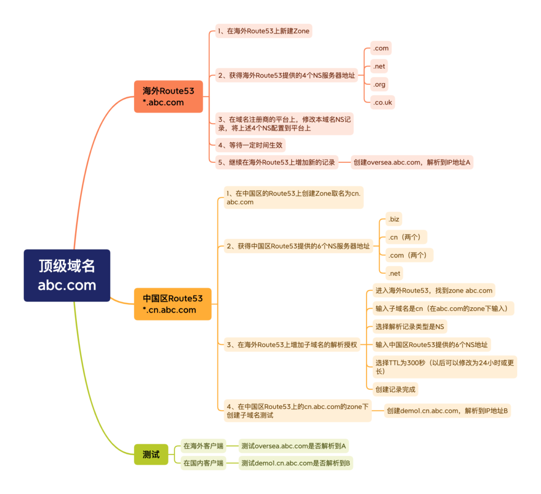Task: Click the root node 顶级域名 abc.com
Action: pyautogui.click(x=67, y=275)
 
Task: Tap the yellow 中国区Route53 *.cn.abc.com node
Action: pyautogui.click(x=172, y=304)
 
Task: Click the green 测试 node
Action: pyautogui.click(x=151, y=454)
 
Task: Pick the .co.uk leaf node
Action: pyautogui.click(x=382, y=103)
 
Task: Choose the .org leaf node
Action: pyautogui.click(x=380, y=84)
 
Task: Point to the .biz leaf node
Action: pyautogui.click(x=393, y=219)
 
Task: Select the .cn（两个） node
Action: pyautogui.click(x=406, y=237)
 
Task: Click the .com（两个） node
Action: pyautogui.click(x=409, y=255)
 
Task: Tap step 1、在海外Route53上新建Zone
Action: pyautogui.click(x=263, y=31)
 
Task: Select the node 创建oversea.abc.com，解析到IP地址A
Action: pyautogui.click(x=412, y=162)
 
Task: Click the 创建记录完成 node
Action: pyautogui.click(x=395, y=390)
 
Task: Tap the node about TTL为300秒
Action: pyautogui.click(x=444, y=367)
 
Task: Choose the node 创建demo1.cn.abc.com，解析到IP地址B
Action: pyautogui.click(x=447, y=410)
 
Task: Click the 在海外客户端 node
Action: pyautogui.click(x=203, y=446)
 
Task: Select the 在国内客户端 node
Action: pyautogui.click(x=203, y=463)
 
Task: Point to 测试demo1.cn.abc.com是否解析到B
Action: pyautogui.click(x=296, y=463)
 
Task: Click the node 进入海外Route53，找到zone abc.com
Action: pyautogui.click(x=433, y=290)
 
